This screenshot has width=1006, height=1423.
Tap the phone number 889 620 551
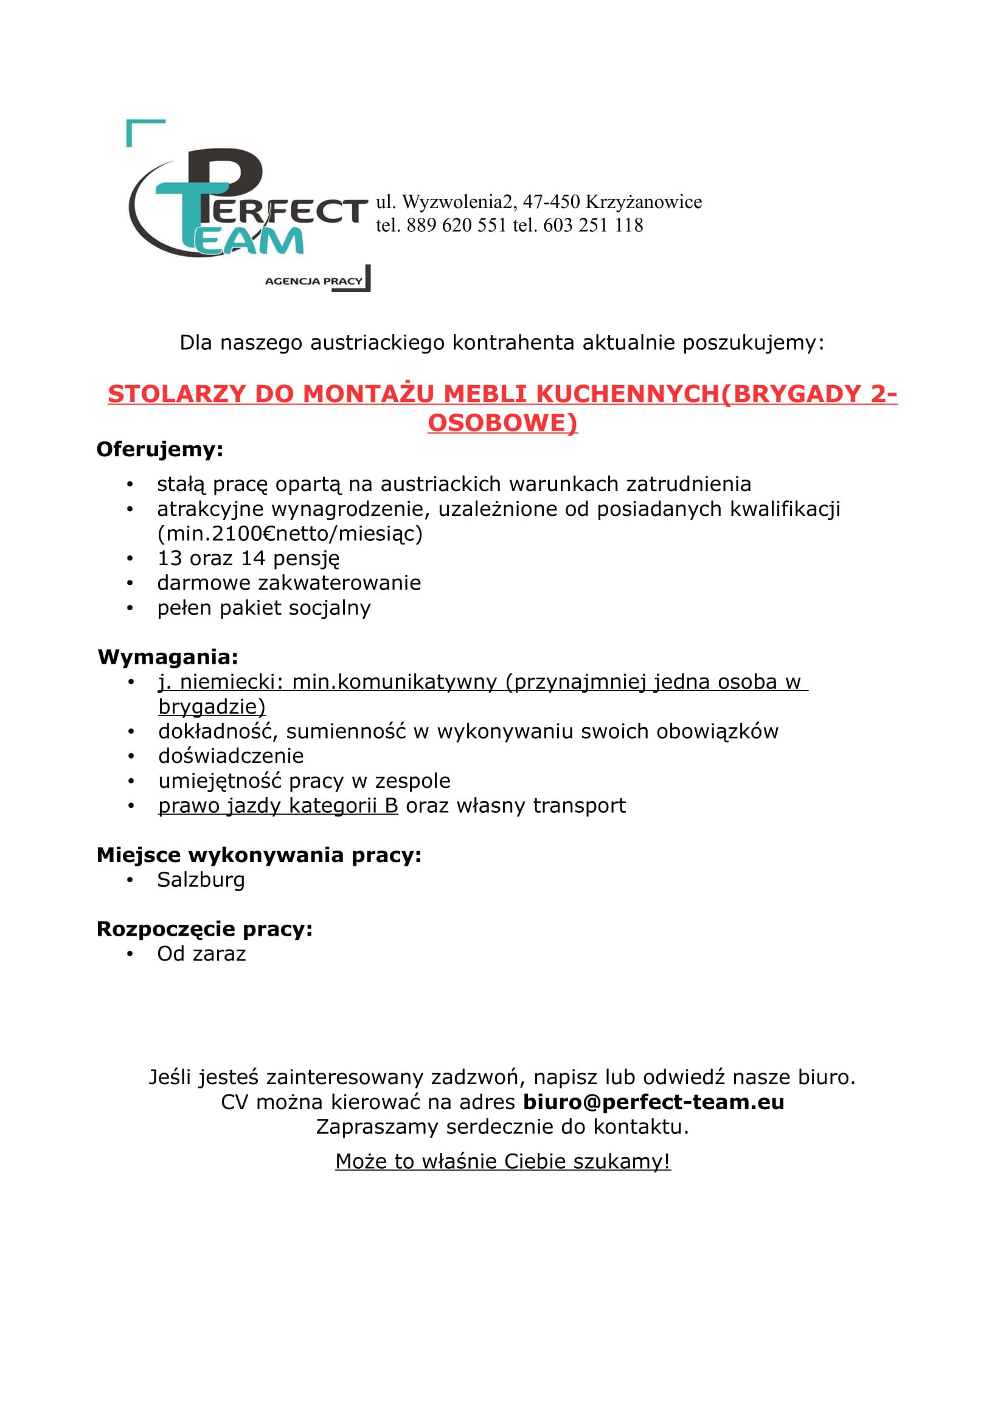[457, 225]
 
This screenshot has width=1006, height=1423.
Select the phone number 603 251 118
[593, 225]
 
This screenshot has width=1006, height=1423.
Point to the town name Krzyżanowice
[643, 202]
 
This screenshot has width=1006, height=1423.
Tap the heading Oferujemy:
[160, 450]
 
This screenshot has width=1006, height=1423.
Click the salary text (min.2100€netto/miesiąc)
[290, 534]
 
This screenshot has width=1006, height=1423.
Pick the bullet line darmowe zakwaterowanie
[289, 583]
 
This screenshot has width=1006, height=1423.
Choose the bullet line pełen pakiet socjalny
[264, 608]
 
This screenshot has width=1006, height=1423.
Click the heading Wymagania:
[168, 657]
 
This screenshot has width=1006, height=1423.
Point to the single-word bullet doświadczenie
[231, 756]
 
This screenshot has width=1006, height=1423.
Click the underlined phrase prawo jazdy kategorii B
[278, 805]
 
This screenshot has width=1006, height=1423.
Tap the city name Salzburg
[201, 880]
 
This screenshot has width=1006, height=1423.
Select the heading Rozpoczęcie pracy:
[204, 929]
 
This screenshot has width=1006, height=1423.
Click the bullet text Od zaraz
[201, 954]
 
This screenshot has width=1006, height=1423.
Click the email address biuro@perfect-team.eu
[653, 1102]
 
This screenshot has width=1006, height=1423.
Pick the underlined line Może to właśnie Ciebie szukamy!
[503, 1161]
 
